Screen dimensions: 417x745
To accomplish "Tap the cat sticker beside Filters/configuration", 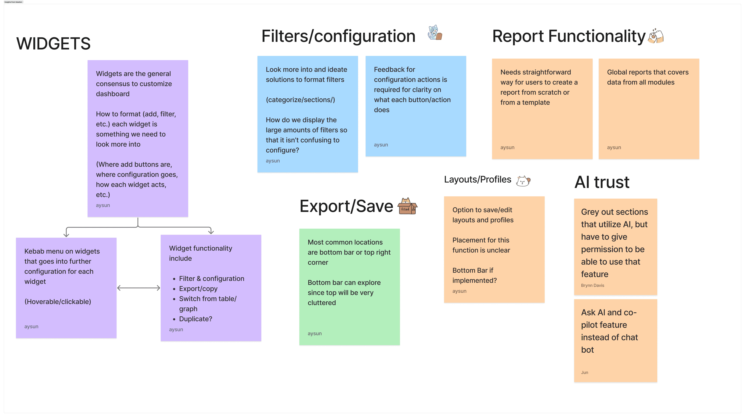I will tap(435, 32).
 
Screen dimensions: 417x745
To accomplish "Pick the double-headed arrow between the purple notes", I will tap(139, 288).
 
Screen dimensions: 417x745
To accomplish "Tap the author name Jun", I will tap(584, 372).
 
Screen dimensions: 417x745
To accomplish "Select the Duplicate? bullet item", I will tap(195, 319).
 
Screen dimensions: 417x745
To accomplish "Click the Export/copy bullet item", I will tap(198, 289).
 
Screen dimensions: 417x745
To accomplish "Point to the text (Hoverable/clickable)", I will tap(58, 302).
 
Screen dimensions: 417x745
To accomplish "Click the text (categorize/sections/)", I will tap(300, 100).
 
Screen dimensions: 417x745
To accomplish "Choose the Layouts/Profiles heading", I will tap(478, 179).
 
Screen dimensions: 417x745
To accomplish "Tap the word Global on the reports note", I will tap(617, 72).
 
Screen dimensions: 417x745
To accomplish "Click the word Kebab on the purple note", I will tap(34, 251).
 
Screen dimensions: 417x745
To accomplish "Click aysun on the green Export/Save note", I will tap(314, 333).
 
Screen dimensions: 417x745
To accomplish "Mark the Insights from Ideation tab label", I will tap(13, 2).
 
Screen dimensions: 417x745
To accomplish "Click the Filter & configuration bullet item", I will tap(211, 279).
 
